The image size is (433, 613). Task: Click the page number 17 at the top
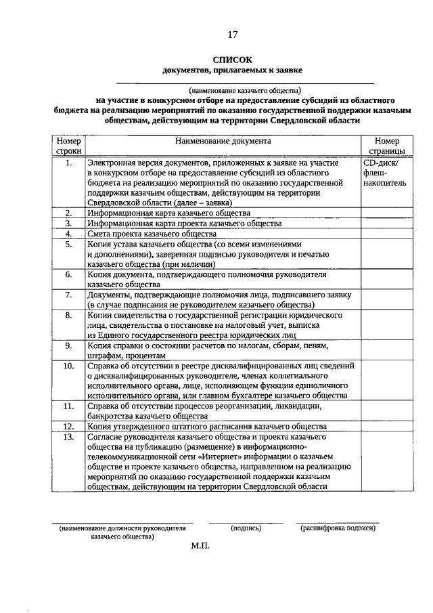(232, 35)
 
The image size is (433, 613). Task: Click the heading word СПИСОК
(232, 60)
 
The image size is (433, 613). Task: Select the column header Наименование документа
(223, 142)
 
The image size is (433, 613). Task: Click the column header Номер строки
(68, 146)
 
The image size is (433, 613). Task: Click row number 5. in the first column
(68, 245)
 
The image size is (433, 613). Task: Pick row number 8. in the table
(68, 315)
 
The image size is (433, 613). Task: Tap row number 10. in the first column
(68, 366)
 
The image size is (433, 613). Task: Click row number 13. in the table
(68, 437)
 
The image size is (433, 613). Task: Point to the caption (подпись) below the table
(245, 528)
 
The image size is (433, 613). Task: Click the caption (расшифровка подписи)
(338, 528)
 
